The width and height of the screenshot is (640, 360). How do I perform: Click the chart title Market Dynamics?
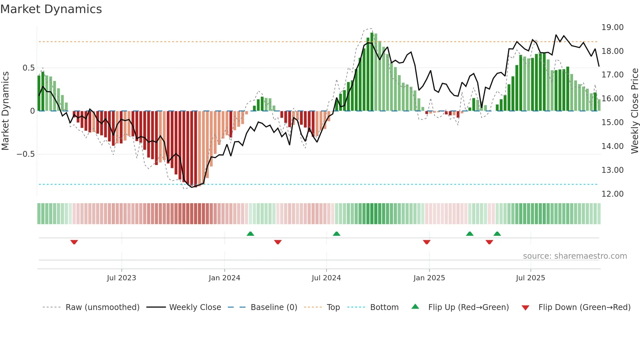51,9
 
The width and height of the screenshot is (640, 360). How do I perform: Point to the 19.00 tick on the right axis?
612,27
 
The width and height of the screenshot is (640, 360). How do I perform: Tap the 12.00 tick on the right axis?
612,194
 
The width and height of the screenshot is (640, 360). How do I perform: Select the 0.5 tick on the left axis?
28,68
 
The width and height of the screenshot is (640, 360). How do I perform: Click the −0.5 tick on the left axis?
26,154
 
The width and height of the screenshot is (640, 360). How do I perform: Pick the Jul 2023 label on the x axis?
121,278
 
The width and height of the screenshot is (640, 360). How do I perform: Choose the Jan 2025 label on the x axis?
429,278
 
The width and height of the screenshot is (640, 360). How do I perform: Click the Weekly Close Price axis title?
634,111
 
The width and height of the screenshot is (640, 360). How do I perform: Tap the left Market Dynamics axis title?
6,111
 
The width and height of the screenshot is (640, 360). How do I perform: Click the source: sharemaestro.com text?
575,256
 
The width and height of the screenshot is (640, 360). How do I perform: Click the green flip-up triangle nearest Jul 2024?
336,234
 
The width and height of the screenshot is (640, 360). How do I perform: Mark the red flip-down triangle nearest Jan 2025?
426,242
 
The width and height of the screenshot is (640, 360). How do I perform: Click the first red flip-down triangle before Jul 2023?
74,242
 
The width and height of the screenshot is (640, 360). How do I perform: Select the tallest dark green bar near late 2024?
372,72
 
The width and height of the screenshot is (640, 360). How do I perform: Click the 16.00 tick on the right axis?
612,99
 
